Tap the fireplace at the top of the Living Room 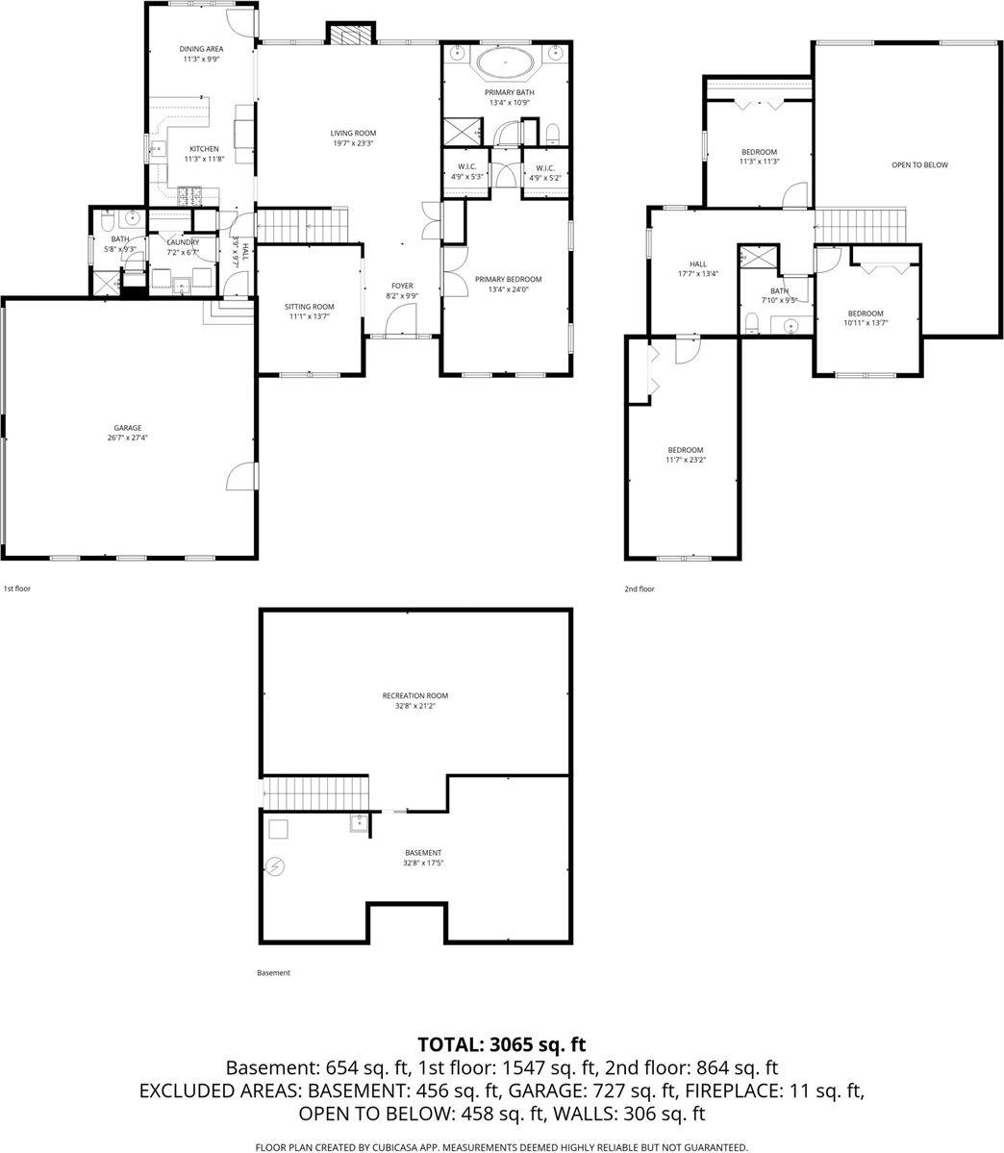pyautogui.click(x=347, y=34)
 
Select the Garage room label pyautogui.click(x=128, y=428)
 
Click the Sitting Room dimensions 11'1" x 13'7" pyautogui.click(x=310, y=316)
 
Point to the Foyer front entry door pyautogui.click(x=401, y=329)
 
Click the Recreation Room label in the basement pyautogui.click(x=414, y=695)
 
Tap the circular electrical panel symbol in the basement pyautogui.click(x=276, y=867)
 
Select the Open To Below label pyautogui.click(x=918, y=165)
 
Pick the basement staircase pyautogui.click(x=316, y=793)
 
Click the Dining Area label pyautogui.click(x=202, y=48)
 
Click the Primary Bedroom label pyautogui.click(x=508, y=280)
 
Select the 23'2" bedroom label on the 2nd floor pyautogui.click(x=686, y=450)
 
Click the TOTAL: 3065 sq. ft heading pyautogui.click(x=501, y=1044)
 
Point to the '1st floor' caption pyautogui.click(x=17, y=589)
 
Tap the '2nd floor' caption pyautogui.click(x=639, y=589)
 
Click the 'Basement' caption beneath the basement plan pyautogui.click(x=273, y=973)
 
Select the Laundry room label pyautogui.click(x=182, y=242)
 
